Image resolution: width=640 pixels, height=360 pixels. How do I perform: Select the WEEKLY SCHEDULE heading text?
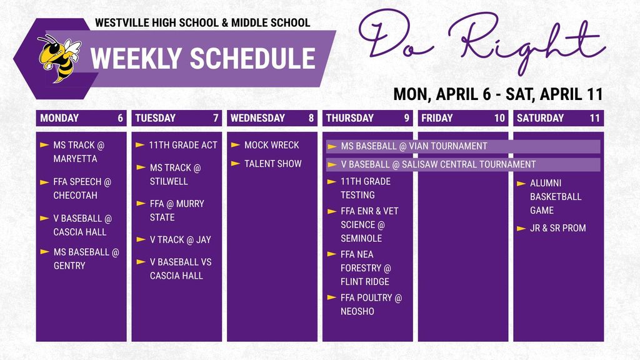[202, 59]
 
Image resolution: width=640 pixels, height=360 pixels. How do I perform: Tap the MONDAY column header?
[59, 118]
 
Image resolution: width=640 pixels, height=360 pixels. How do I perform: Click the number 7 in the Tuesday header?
[216, 118]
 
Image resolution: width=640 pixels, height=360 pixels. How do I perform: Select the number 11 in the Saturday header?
[594, 118]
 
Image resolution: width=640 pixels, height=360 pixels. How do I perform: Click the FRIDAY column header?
[437, 118]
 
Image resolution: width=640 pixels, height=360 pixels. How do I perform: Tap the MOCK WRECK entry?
[271, 145]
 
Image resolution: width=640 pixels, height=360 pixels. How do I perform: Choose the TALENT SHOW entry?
[272, 164]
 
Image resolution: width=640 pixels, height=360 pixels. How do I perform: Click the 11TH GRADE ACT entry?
[182, 145]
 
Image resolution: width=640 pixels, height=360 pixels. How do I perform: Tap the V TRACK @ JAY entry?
[180, 239]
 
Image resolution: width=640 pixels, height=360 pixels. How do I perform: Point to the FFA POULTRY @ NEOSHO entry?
[371, 304]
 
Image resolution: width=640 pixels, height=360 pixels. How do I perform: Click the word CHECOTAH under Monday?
[75, 195]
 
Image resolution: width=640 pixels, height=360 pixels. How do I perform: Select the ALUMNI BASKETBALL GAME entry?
[555, 196]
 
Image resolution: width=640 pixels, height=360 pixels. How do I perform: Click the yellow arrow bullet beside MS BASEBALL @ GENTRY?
[44, 252]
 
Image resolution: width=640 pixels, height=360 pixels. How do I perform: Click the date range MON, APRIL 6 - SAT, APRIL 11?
[497, 94]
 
